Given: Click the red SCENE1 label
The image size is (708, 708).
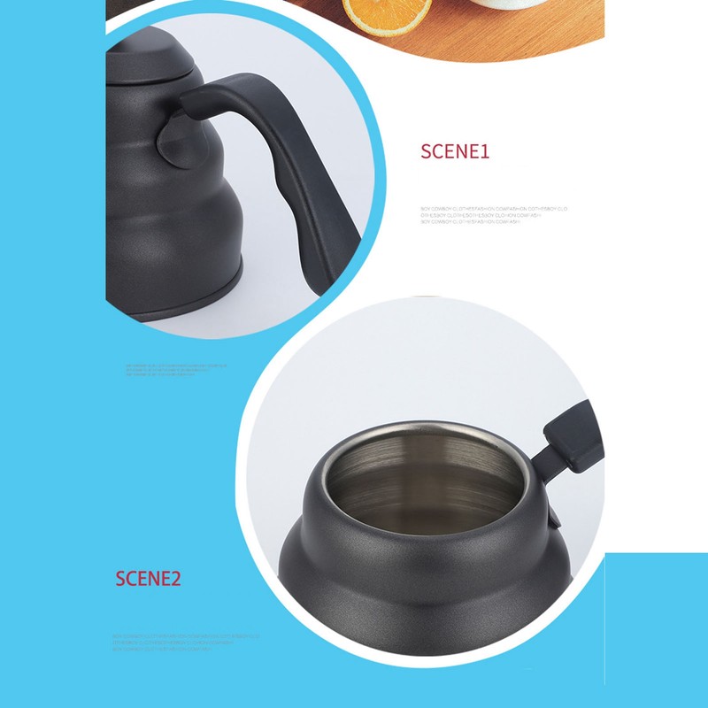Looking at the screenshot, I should [x=455, y=151].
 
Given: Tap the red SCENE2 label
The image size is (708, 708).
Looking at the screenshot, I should [x=148, y=579].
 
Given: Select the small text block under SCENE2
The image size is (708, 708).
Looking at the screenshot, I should [x=186, y=643].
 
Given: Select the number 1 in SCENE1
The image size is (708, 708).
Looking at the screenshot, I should [x=484, y=151].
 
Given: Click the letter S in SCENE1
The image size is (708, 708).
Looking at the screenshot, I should [x=426, y=151].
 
